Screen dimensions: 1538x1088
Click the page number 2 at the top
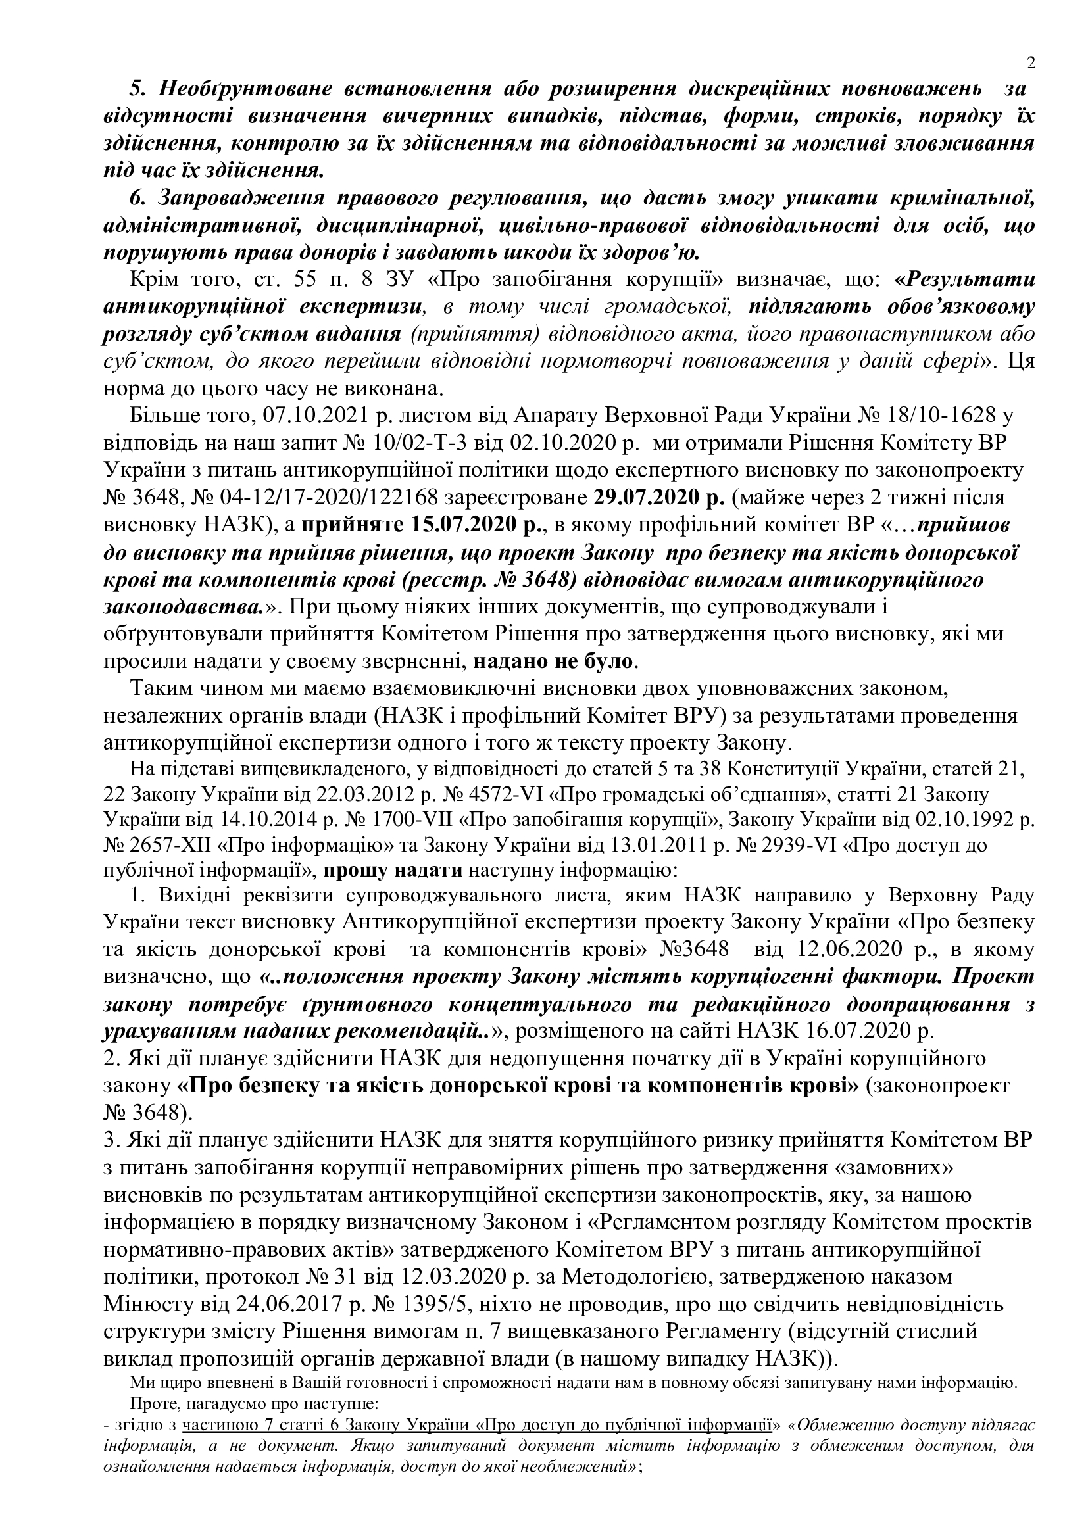click(1030, 64)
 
